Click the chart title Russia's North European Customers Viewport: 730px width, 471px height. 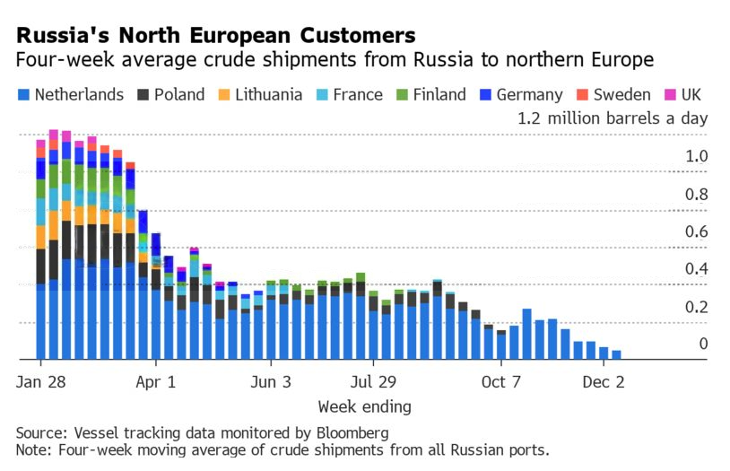tap(215, 35)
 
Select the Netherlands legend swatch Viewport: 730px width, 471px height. tap(23, 94)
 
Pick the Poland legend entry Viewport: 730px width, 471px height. tap(170, 94)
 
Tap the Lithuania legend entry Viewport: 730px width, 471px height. tap(259, 94)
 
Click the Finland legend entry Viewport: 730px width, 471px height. tap(430, 94)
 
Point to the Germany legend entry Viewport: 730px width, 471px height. tap(519, 94)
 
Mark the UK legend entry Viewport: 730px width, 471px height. tap(682, 94)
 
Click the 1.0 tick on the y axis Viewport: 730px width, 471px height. tap(697, 156)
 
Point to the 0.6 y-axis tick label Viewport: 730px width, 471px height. tap(697, 231)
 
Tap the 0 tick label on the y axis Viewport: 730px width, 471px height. tap(703, 344)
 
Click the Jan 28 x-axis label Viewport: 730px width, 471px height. tap(40, 380)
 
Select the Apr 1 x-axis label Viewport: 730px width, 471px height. tap(155, 380)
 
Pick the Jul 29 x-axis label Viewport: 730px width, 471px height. tap(372, 380)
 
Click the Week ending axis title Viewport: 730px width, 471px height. tap(364, 406)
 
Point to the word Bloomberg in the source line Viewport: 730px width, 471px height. tap(346, 433)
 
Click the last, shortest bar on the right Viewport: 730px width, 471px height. tap(616, 354)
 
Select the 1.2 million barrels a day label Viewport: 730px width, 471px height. tap(613, 118)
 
